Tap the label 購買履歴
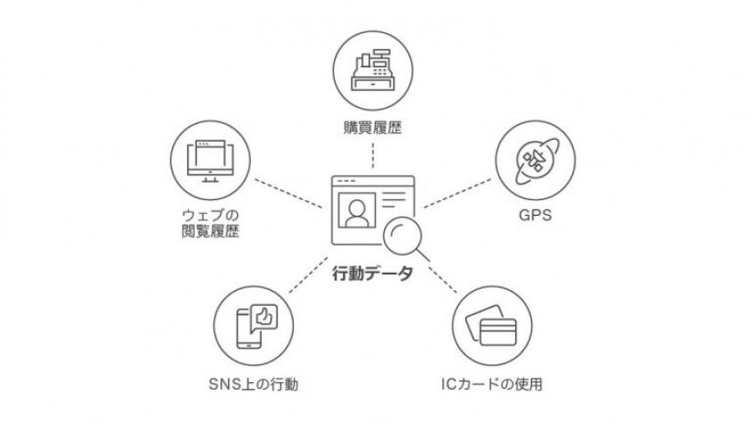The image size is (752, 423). [x=373, y=129]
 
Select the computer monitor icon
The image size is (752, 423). [x=209, y=161]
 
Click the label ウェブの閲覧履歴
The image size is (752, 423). [x=208, y=224]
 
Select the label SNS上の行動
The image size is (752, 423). [x=254, y=383]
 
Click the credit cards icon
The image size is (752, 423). [x=493, y=323]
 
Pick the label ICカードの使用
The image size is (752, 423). [x=494, y=383]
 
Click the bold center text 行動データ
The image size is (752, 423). [x=373, y=273]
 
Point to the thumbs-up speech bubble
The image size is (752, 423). [x=264, y=315]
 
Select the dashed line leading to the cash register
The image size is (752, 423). [x=373, y=156]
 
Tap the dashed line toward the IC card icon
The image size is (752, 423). [x=442, y=276]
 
